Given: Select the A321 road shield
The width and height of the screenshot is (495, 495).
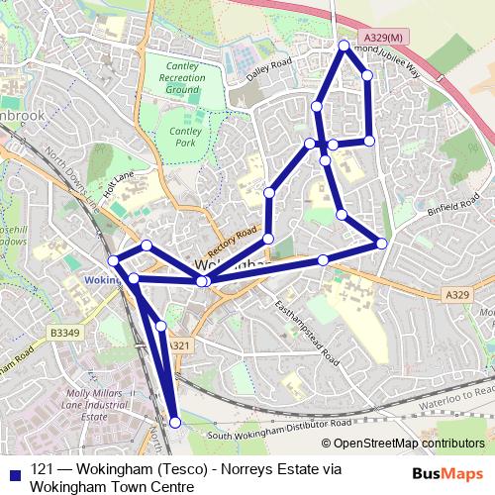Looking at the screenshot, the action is (178, 346).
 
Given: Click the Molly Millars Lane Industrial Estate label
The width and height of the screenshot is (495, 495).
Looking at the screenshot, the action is (94, 406).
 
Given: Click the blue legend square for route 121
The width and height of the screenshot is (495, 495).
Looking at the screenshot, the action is (13, 472).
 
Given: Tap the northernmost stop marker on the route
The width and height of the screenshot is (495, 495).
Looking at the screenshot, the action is (345, 46).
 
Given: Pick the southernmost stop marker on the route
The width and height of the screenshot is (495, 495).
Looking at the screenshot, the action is (175, 423).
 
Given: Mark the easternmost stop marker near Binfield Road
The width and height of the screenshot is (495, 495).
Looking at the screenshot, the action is (382, 244).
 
